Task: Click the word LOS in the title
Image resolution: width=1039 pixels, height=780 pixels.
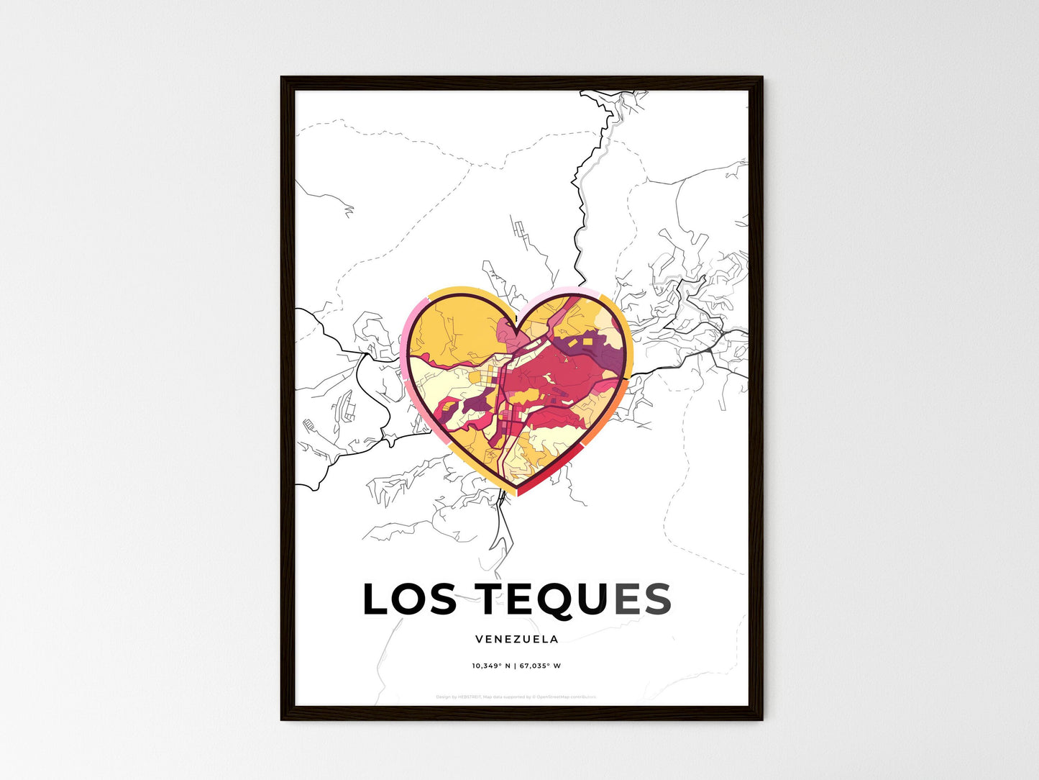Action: [x=409, y=600]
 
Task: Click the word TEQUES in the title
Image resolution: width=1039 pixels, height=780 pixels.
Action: [x=574, y=600]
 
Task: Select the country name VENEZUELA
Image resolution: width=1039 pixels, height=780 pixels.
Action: [x=516, y=639]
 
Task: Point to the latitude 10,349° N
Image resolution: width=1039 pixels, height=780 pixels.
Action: [x=490, y=666]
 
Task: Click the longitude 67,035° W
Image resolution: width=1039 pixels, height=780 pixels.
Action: [x=539, y=666]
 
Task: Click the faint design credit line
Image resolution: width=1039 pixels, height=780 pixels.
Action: [x=516, y=697]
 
